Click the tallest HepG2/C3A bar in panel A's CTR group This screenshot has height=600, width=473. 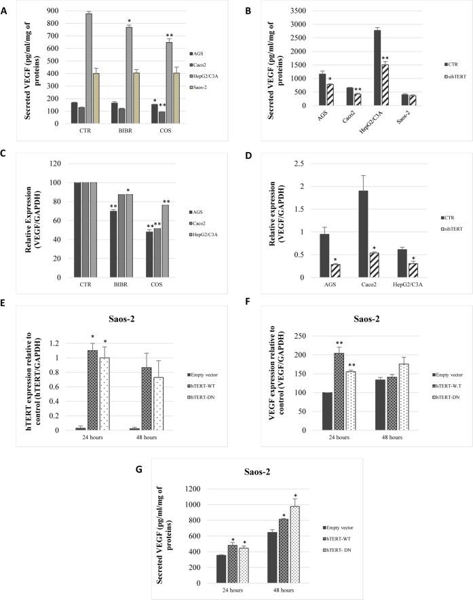pyautogui.click(x=89, y=68)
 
